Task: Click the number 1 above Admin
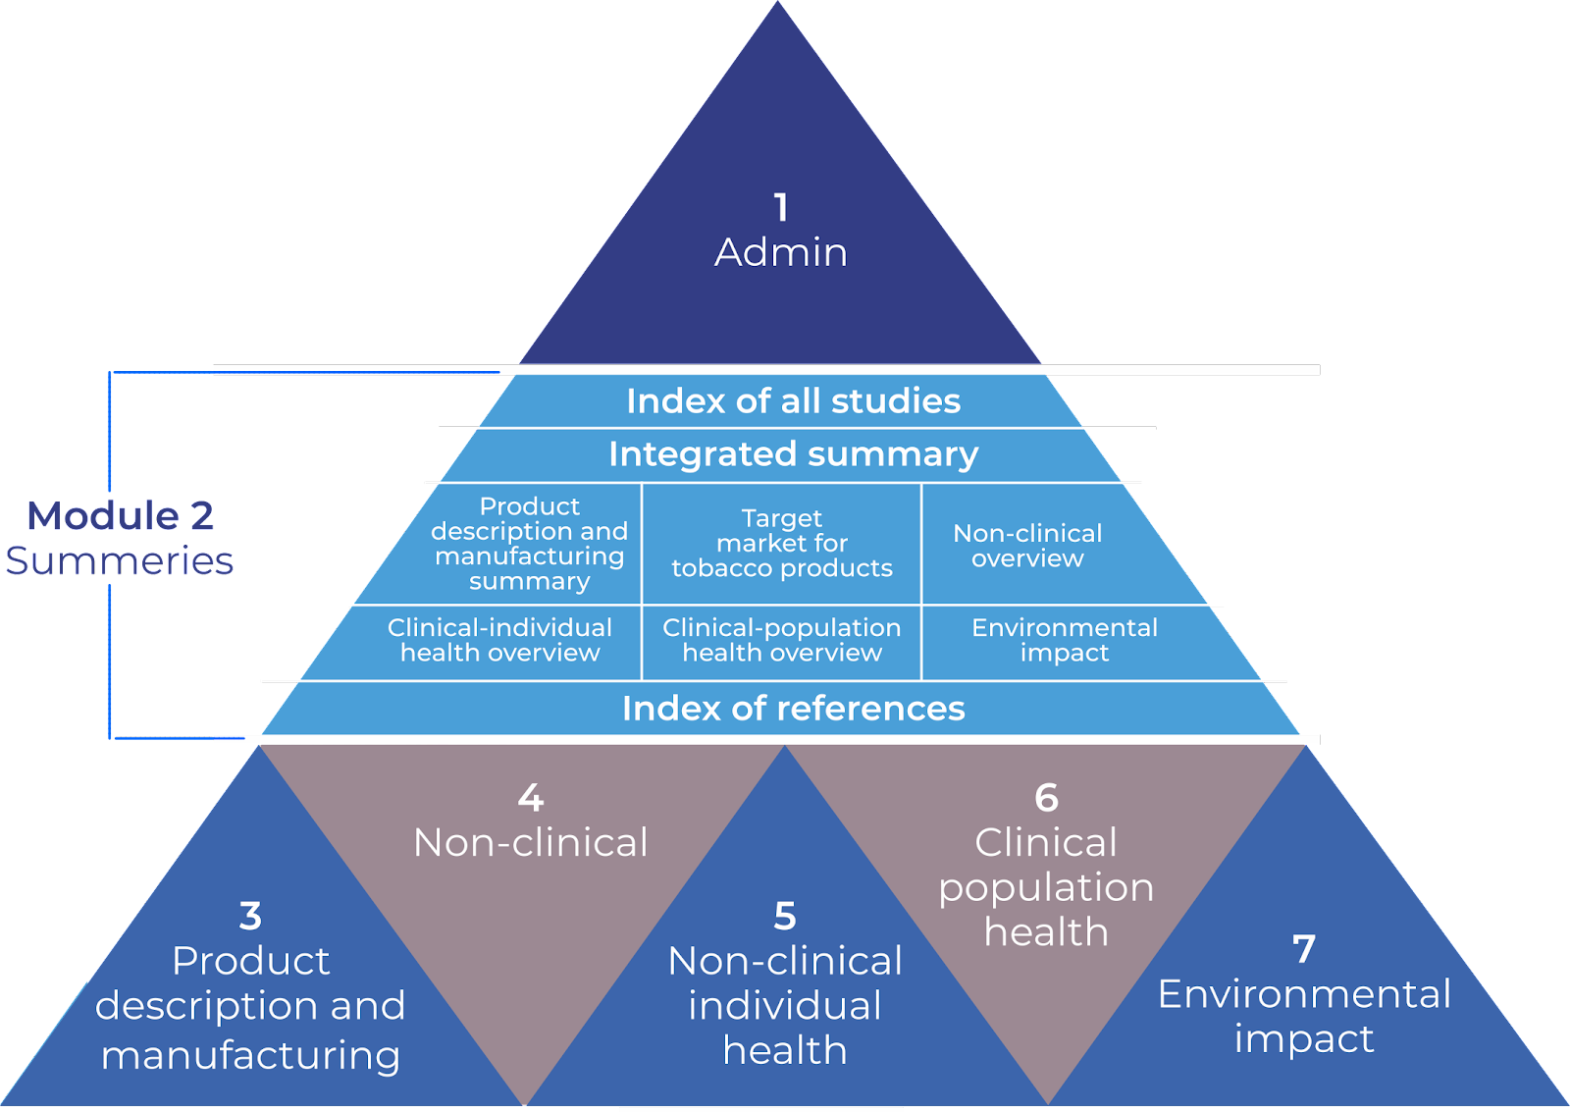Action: coord(780,207)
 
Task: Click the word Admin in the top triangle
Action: coord(781,252)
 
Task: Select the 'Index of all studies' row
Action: coord(793,401)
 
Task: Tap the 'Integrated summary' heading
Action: coord(793,454)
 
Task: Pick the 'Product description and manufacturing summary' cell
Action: coord(529,544)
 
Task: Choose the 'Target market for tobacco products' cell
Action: coord(782,543)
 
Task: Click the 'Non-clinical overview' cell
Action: coord(1027,546)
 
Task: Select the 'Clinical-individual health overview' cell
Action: coord(499,640)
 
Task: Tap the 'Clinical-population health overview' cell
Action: coord(782,640)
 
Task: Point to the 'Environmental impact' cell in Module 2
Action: coord(1065,640)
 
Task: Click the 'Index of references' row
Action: coord(793,709)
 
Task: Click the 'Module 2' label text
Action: coord(120,516)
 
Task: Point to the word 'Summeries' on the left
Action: coord(120,560)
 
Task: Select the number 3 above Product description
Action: coord(250,916)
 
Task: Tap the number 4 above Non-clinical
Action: coord(531,798)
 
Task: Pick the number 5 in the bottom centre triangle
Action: coord(785,916)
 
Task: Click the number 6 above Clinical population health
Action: coord(1047,798)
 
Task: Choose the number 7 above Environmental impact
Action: coord(1304,949)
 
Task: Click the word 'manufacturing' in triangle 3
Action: coord(251,1055)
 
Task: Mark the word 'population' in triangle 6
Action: coord(1046,887)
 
